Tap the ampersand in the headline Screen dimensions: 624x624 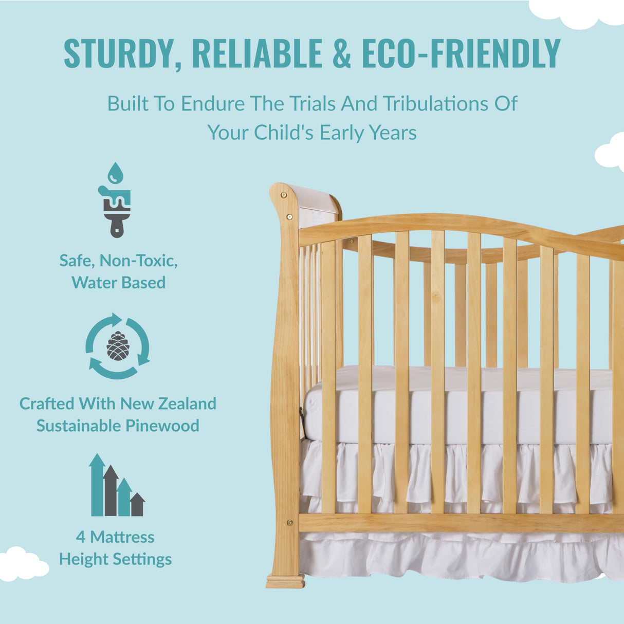coord(342,53)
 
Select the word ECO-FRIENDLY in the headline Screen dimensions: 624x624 coord(461,53)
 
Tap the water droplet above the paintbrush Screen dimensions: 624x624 coord(116,173)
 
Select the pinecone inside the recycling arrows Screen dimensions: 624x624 coord(118,346)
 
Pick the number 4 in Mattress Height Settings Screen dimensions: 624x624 coord(81,537)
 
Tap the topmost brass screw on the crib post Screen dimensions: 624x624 coord(283,195)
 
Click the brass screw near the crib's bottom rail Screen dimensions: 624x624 coord(289,522)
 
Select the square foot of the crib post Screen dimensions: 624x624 coord(285,582)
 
